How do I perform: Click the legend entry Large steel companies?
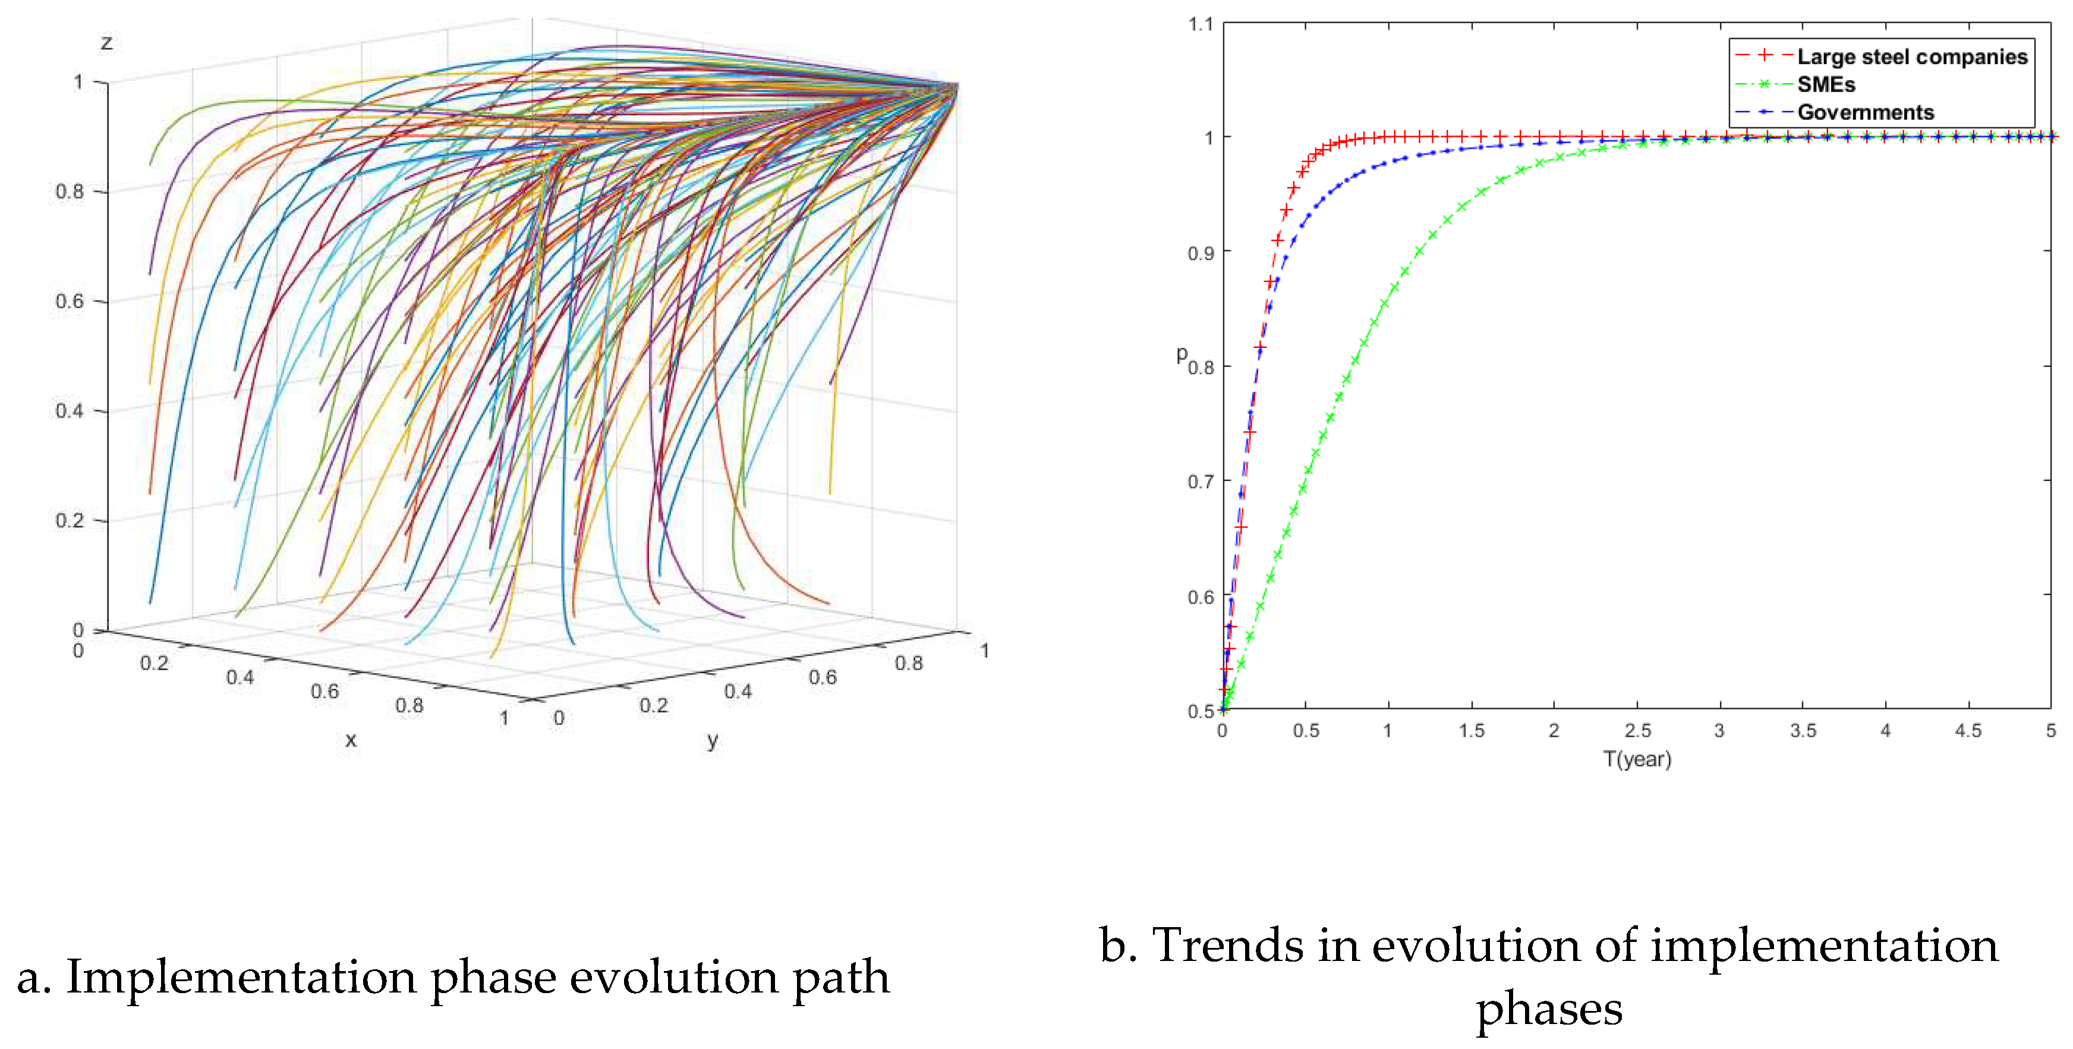(1911, 56)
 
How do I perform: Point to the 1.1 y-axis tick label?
(1200, 24)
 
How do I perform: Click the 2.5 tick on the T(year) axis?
(1637, 731)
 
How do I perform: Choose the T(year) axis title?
(1637, 759)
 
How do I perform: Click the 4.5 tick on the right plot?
(1968, 731)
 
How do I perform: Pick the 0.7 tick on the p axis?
(1200, 482)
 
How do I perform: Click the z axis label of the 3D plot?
(106, 43)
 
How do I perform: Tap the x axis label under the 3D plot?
(350, 740)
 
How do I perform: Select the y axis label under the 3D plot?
(712, 740)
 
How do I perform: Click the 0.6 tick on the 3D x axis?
(325, 691)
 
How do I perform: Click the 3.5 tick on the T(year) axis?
(1803, 731)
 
